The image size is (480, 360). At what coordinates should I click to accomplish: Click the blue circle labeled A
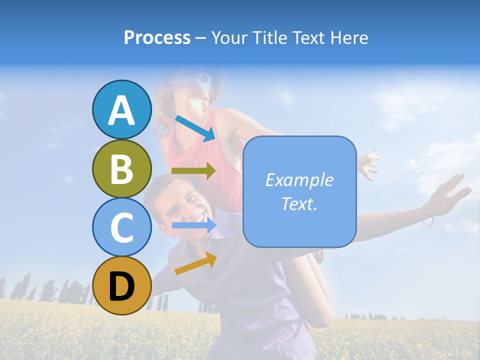121,109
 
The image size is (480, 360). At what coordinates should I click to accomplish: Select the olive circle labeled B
121,168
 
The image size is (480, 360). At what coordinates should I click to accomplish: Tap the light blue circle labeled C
121,227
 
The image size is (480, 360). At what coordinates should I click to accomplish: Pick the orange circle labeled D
121,285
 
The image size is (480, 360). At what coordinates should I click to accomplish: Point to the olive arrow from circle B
193,171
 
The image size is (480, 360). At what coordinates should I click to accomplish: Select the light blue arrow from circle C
194,225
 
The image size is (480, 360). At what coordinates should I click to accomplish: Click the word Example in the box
299,180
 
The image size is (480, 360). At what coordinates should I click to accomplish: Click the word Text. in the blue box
299,203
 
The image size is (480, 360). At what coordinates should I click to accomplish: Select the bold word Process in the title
157,37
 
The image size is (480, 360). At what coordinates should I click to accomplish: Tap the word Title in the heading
267,37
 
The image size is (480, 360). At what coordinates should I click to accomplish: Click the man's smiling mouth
199,218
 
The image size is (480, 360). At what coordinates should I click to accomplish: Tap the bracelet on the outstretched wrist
428,216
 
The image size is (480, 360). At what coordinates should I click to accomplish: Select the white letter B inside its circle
121,168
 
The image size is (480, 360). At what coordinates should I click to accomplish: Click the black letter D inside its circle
121,286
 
